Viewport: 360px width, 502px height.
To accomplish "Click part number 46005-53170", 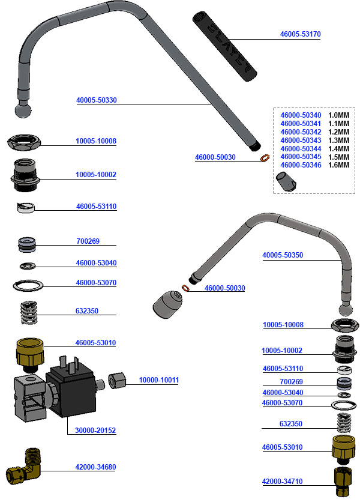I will pos(301,35).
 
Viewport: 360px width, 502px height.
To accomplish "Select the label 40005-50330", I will pos(97,100).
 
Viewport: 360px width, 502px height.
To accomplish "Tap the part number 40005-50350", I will pos(283,255).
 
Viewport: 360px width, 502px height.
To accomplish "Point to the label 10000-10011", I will pos(159,380).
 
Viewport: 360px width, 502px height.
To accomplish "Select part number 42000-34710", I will pos(283,482).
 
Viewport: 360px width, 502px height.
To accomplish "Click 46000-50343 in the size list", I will pos(301,140).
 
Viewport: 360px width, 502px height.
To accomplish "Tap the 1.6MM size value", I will pos(338,165).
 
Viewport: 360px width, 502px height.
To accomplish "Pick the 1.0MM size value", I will pos(338,115).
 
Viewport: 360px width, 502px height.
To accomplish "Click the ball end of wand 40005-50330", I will pos(22,110).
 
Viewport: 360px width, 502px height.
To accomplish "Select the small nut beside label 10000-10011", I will pos(116,382).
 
